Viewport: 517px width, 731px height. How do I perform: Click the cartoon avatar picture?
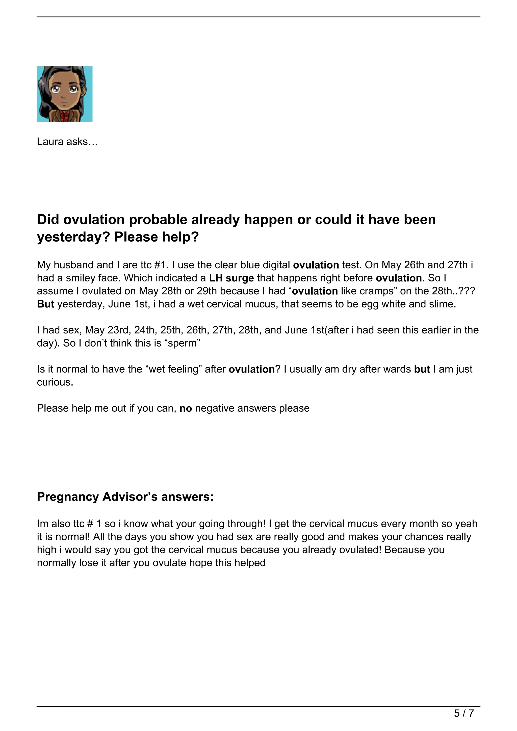tap(65, 94)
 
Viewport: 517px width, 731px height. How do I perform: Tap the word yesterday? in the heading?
tap(73, 237)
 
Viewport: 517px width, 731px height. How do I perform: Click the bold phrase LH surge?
tap(231, 278)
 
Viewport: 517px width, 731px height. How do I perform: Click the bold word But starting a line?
tap(45, 304)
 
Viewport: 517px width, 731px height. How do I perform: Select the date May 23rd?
tap(107, 330)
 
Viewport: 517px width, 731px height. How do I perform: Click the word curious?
tap(55, 382)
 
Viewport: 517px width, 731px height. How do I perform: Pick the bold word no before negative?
tap(186, 408)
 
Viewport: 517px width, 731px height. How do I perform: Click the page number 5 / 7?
tap(464, 714)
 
